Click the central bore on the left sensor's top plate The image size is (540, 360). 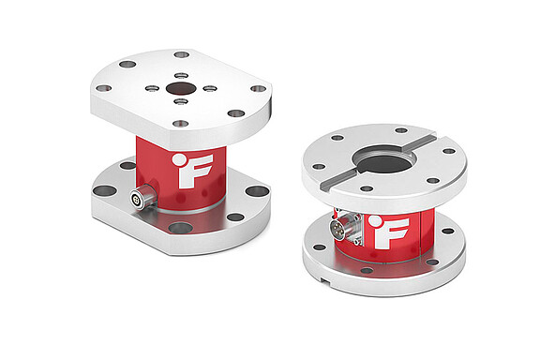tap(179, 90)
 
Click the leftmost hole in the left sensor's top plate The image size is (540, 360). tap(104, 88)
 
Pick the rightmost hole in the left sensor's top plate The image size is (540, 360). tap(258, 89)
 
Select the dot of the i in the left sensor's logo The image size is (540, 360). tap(177, 159)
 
